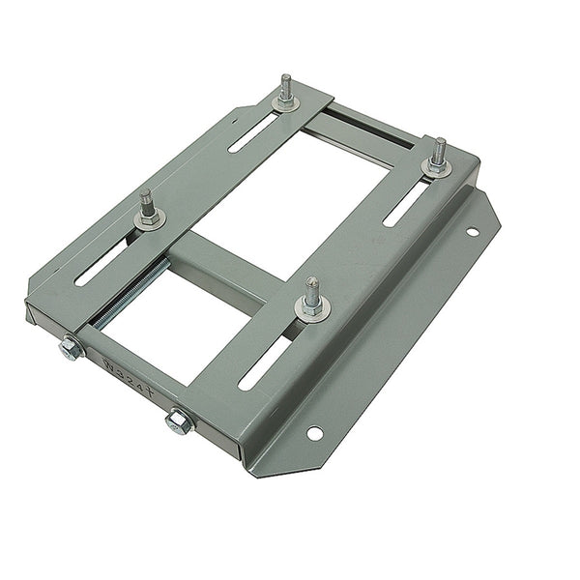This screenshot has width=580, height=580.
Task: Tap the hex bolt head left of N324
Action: [69, 348]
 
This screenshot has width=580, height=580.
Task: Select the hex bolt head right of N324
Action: [179, 420]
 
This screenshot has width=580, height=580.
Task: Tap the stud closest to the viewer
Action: [312, 295]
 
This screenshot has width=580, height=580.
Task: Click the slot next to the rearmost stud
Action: [254, 130]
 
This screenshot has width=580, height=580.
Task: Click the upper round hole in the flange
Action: [472, 232]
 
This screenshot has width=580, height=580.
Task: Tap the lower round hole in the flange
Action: [315, 433]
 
